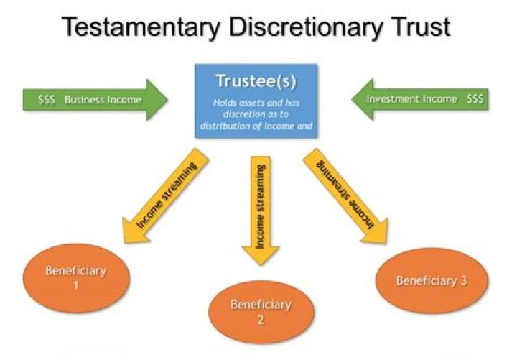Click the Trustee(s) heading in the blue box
click(x=256, y=80)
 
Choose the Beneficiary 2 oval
click(x=261, y=311)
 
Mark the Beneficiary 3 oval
click(x=432, y=280)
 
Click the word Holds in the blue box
click(x=225, y=103)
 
